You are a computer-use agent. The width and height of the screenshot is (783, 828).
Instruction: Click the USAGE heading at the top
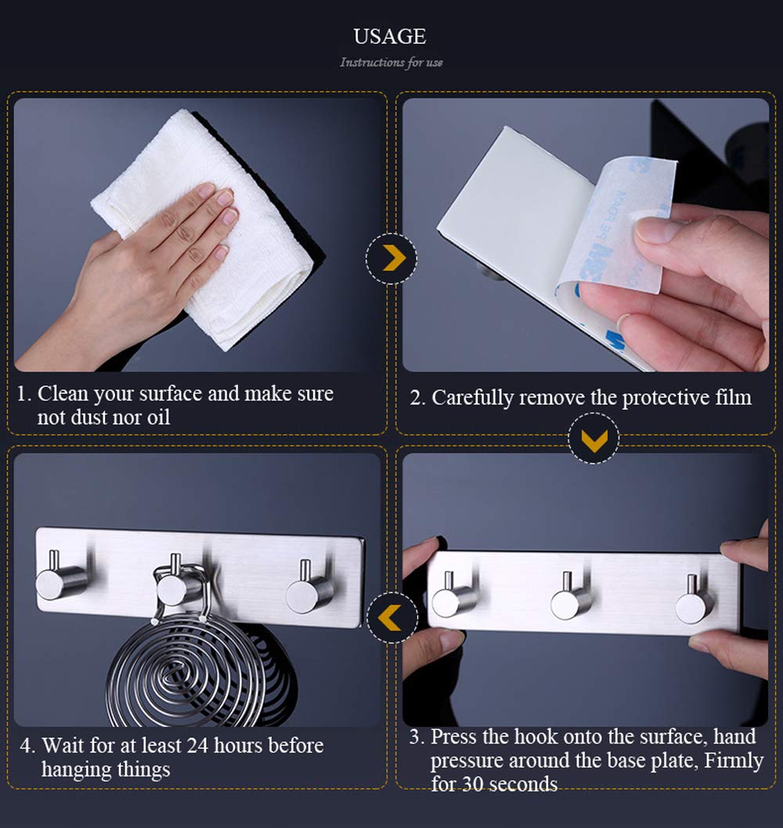[x=390, y=37]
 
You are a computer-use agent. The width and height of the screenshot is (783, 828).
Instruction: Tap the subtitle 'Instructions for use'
[x=391, y=63]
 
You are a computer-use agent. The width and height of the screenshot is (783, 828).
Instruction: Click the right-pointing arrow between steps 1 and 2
[x=393, y=258]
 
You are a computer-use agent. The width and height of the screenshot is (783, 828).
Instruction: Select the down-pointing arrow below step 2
[x=594, y=439]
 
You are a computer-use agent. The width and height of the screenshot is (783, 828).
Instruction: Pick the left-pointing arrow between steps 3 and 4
[x=391, y=617]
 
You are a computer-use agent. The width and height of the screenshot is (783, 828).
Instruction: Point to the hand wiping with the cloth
[x=132, y=275]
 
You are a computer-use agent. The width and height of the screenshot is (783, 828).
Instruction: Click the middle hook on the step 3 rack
[x=570, y=597]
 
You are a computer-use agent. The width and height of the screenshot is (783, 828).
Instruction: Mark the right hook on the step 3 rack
[x=695, y=599]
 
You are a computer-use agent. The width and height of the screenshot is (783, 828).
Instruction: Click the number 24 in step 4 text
[x=197, y=745]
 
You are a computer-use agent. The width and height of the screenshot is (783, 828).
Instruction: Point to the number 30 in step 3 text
[x=474, y=784]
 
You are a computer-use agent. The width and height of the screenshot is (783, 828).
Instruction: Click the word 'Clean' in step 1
[x=63, y=393]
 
